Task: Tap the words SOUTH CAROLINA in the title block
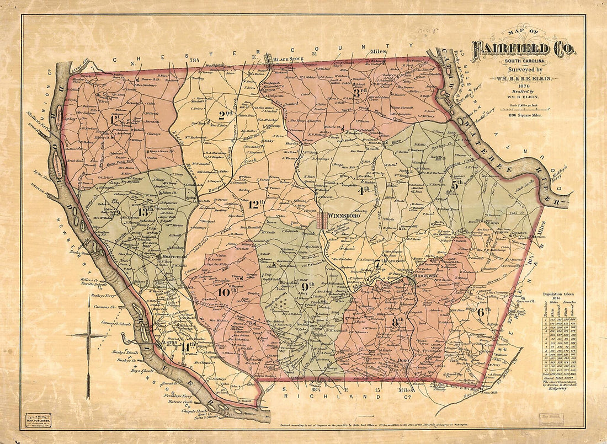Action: (x=522, y=61)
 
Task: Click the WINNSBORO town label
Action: (x=345, y=215)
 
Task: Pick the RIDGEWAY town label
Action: (x=427, y=274)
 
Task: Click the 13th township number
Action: (x=146, y=212)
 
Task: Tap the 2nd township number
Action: (x=225, y=115)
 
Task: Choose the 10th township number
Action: (x=223, y=291)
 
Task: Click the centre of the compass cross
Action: (x=88, y=335)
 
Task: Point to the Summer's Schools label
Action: (x=116, y=323)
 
